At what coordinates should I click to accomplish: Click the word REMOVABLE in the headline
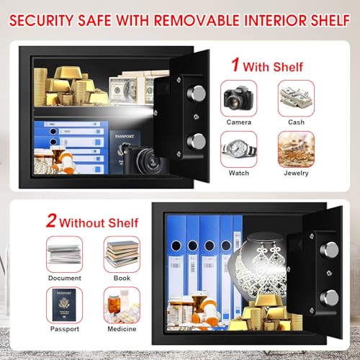pyautogui.click(x=197, y=20)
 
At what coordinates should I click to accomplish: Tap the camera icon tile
pyautogui.click(x=238, y=99)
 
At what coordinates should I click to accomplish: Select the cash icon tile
pyautogui.click(x=296, y=99)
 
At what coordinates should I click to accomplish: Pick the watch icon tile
pyautogui.click(x=238, y=149)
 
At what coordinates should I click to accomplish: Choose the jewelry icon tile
pyautogui.click(x=296, y=149)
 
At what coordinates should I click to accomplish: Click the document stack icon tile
pyautogui.click(x=64, y=254)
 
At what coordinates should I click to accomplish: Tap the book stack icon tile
pyautogui.click(x=122, y=254)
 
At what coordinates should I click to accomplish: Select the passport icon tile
pyautogui.click(x=64, y=305)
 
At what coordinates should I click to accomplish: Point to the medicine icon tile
pyautogui.click(x=122, y=305)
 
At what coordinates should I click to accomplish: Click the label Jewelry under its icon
pyautogui.click(x=296, y=174)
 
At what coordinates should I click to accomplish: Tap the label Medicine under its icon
pyautogui.click(x=122, y=329)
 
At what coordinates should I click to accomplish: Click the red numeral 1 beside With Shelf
pyautogui.click(x=235, y=65)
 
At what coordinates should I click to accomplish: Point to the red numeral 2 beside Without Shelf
pyautogui.click(x=51, y=220)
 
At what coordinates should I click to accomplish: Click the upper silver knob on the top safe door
pyautogui.click(x=197, y=94)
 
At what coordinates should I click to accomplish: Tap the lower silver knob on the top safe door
pyautogui.click(x=197, y=142)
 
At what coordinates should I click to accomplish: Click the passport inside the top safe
pyautogui.click(x=124, y=151)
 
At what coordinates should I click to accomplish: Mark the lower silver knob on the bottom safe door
pyautogui.click(x=329, y=298)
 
